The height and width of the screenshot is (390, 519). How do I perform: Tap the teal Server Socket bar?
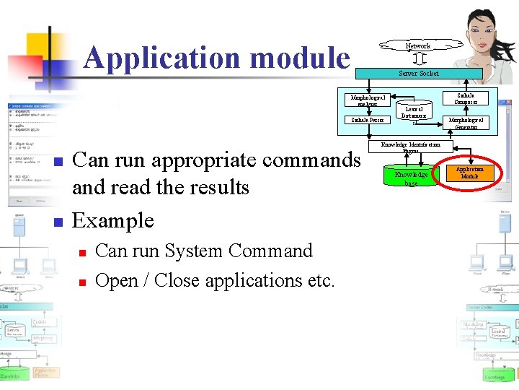click(419, 73)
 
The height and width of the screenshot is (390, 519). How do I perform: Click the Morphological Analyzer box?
click(368, 100)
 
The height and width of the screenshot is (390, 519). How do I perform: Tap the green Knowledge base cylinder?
click(411, 178)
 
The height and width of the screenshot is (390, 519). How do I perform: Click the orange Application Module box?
click(469, 173)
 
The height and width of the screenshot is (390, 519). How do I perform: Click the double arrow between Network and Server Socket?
click(419, 58)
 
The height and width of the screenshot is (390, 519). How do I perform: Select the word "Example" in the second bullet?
click(113, 220)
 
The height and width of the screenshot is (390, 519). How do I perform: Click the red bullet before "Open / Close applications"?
click(83, 281)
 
